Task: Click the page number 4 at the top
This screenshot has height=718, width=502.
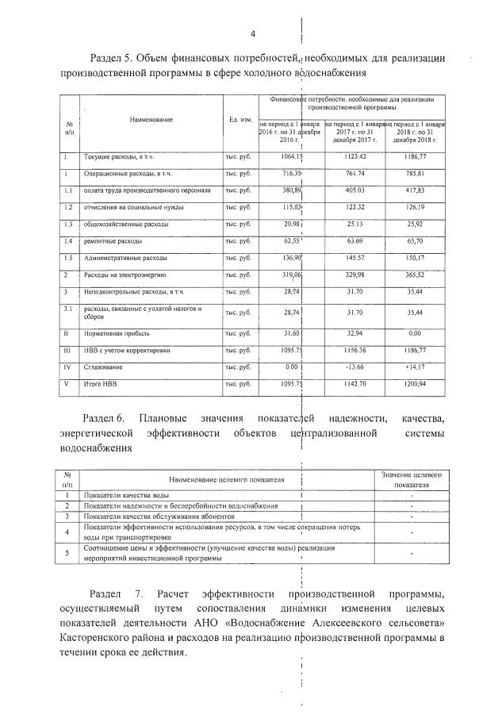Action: pos(253,33)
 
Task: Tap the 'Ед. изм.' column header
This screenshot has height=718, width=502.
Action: pos(240,119)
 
